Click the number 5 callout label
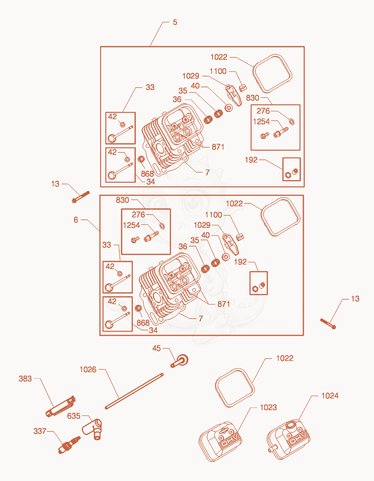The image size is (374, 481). (175, 22)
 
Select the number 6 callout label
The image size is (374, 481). (76, 220)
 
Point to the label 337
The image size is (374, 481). (40, 431)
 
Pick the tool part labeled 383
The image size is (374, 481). (61, 407)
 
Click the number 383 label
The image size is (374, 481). (25, 378)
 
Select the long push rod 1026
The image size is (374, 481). (134, 391)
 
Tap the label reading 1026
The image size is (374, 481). (88, 370)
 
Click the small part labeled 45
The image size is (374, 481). (180, 361)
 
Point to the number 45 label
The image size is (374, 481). (157, 348)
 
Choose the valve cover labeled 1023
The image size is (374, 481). (220, 441)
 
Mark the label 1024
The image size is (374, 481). (330, 396)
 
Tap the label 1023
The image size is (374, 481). (268, 408)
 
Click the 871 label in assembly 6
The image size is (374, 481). (223, 303)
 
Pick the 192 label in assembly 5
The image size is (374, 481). (251, 160)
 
